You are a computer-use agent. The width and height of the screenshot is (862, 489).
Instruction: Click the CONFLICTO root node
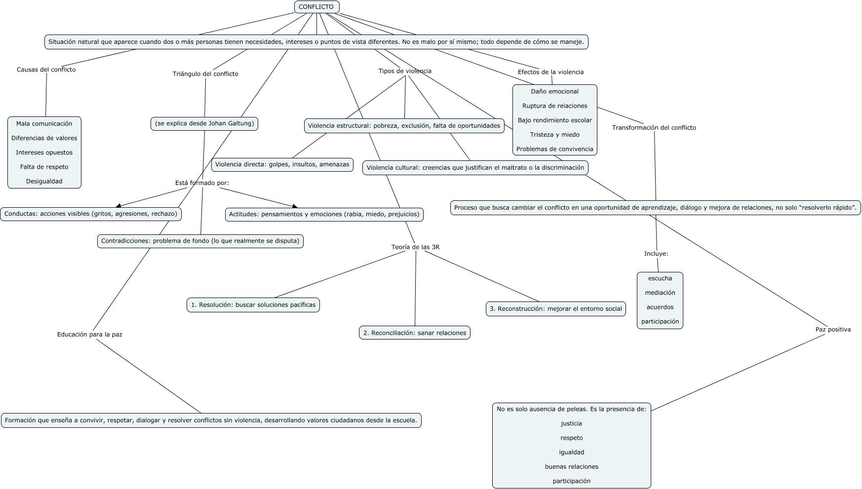316,7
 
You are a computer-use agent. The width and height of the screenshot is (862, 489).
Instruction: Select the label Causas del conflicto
46,70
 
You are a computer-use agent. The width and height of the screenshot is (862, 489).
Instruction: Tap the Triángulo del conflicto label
205,74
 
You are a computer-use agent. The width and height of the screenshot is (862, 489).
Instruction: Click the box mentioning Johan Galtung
204,123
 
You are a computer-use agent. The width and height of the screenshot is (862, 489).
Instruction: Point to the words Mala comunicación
44,124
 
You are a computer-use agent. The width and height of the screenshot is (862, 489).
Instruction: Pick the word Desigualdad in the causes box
44,181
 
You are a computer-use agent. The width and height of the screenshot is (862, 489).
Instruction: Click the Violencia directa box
282,164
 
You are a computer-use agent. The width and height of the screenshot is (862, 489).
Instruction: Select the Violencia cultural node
475,168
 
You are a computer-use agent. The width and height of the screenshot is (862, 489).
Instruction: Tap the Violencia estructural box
404,126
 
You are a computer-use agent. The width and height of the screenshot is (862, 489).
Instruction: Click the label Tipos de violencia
405,71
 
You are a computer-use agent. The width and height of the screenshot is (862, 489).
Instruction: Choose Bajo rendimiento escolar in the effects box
554,120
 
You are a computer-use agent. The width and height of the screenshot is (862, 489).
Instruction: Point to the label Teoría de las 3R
415,247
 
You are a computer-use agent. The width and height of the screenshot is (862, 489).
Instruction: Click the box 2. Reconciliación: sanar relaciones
415,333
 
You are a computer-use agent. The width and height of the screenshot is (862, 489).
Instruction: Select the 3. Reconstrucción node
555,309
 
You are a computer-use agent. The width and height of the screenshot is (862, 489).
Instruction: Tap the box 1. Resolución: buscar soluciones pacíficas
253,305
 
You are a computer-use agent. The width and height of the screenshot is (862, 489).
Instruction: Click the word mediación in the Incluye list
660,293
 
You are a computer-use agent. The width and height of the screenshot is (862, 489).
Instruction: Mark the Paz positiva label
832,330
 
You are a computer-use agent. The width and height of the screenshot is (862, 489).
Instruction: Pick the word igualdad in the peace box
571,452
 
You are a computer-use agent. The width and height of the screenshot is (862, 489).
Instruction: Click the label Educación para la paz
89,335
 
